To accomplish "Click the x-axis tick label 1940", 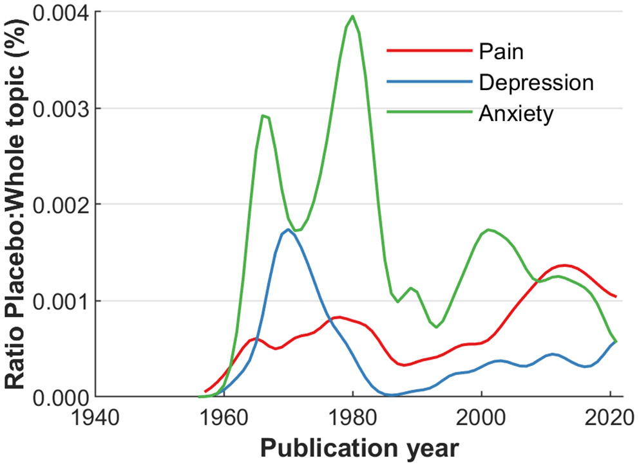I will click(x=95, y=417).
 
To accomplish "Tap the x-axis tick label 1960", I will click(x=224, y=417).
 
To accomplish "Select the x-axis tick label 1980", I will click(x=352, y=417).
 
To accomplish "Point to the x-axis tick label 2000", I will click(x=481, y=417).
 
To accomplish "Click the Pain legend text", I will click(x=501, y=51).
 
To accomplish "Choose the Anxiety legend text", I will click(x=515, y=113).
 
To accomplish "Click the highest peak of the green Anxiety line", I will click(x=352, y=16).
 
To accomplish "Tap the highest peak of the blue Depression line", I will click(x=289, y=229).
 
